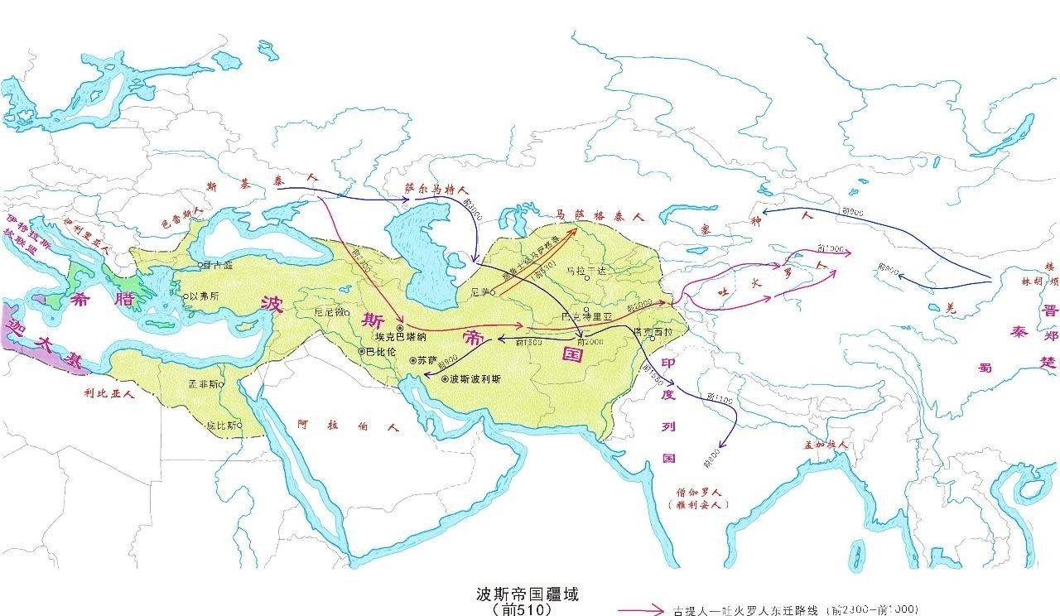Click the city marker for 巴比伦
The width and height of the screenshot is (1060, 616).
point(361,352)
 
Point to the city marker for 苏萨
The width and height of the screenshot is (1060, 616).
point(412,361)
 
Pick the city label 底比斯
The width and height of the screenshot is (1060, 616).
point(222,425)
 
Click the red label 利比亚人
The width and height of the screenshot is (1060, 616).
point(108,394)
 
